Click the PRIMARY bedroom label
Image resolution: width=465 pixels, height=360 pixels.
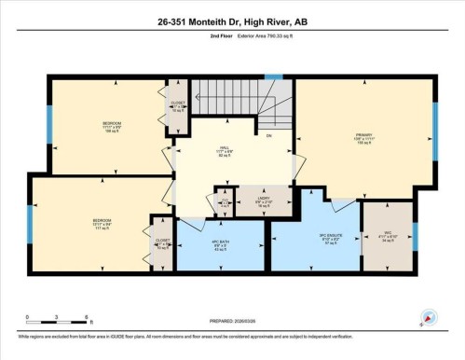click(363, 140)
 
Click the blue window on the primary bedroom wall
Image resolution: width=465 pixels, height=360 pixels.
click(434, 140)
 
